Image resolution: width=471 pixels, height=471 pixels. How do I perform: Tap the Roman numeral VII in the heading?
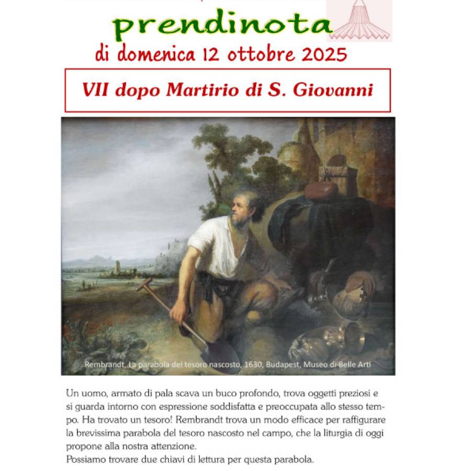[94, 90]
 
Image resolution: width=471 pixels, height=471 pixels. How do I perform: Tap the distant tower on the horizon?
[116, 266]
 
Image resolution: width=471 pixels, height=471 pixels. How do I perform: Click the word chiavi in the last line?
[158, 460]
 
